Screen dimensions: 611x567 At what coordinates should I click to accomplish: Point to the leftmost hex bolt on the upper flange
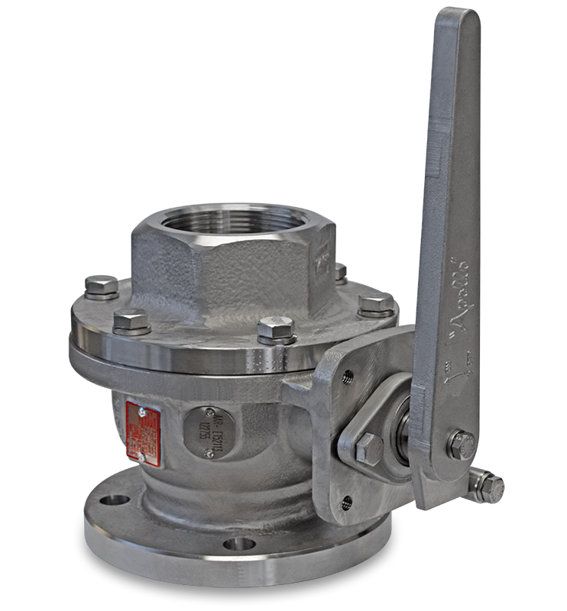(100, 289)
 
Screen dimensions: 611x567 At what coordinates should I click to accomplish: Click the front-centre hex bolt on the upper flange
(276, 330)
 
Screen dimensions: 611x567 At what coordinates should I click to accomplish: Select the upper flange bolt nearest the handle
(371, 304)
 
